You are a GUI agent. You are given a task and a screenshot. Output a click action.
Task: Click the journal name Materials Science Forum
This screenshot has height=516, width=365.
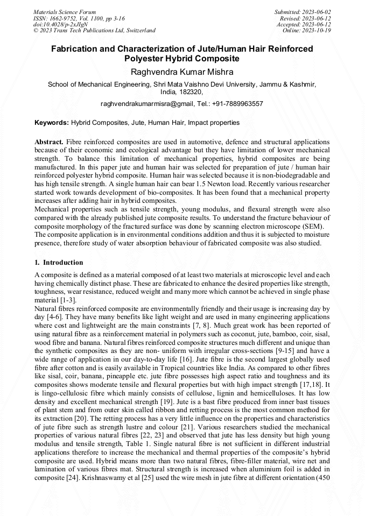65,12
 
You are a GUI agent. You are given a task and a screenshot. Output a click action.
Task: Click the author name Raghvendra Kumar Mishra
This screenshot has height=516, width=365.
182,71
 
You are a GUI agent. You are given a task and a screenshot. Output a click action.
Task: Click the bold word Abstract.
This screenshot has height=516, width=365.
49,142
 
